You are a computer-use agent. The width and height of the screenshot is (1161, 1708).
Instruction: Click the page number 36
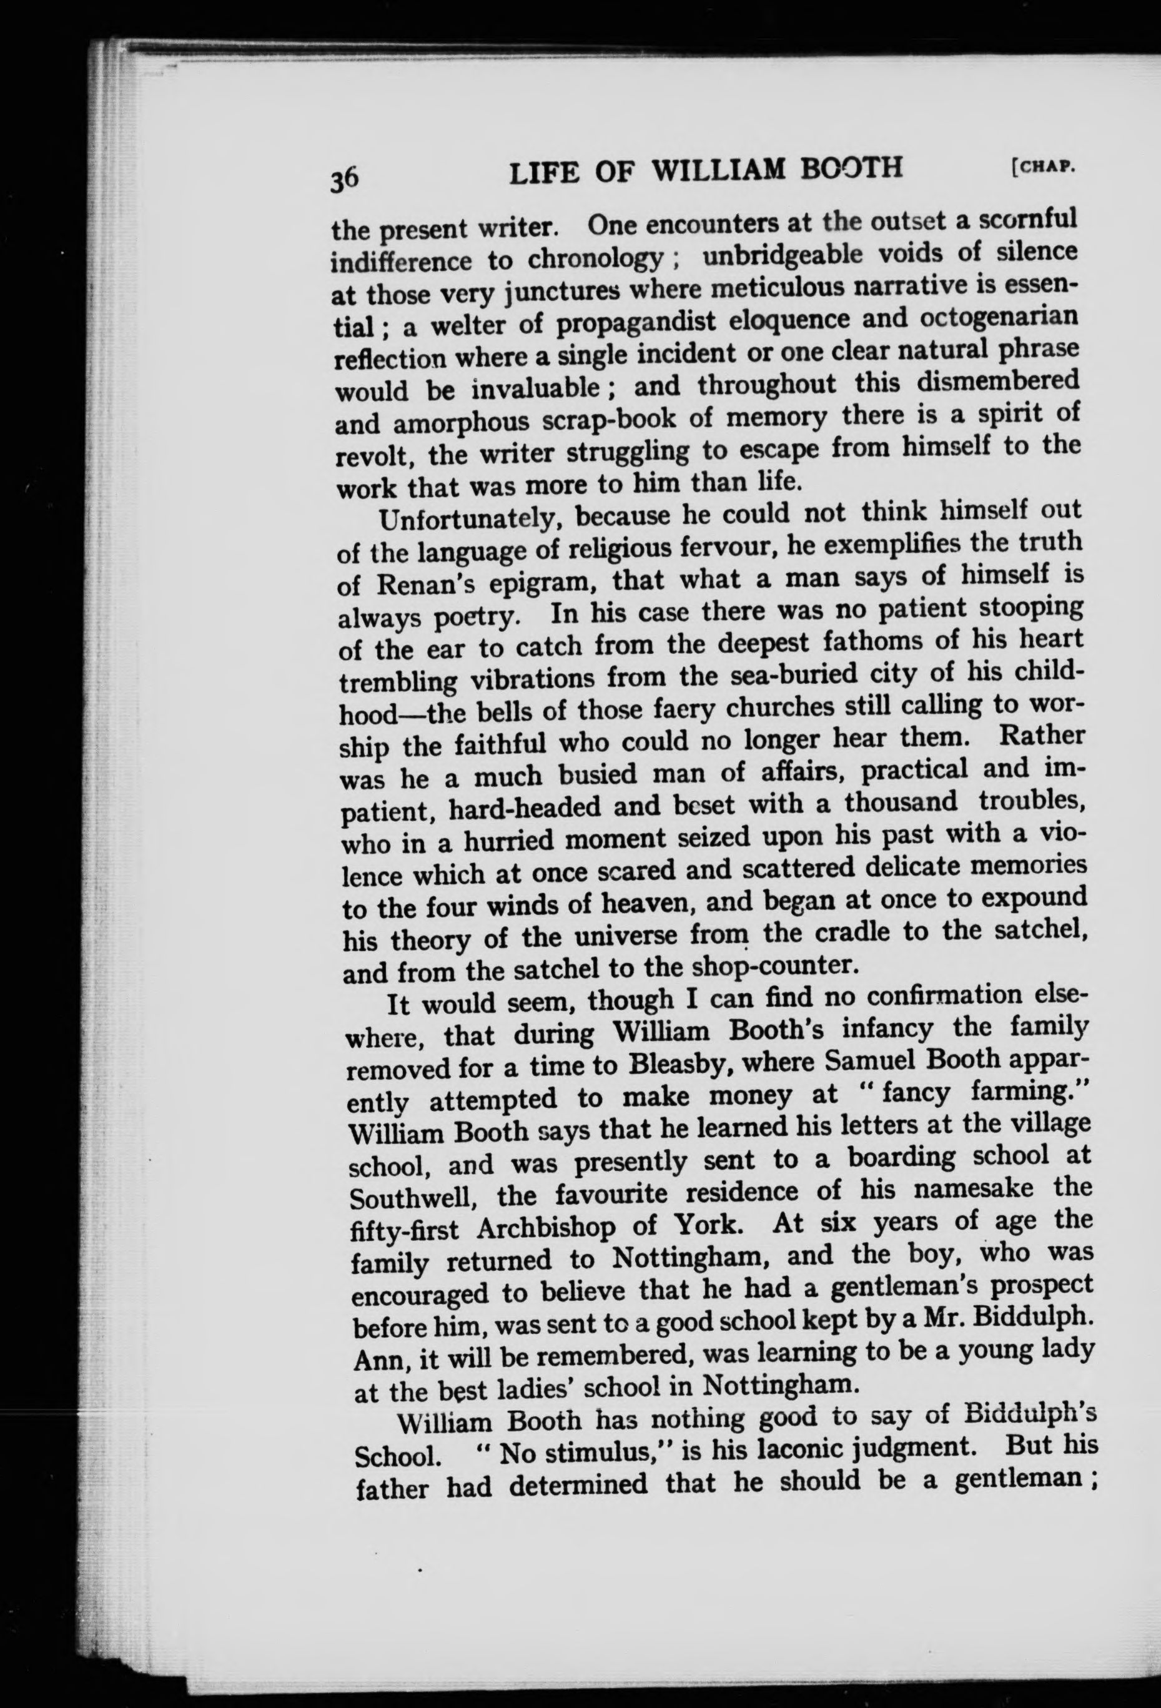click(345, 179)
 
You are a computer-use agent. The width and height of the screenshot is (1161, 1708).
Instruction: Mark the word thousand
click(902, 802)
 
